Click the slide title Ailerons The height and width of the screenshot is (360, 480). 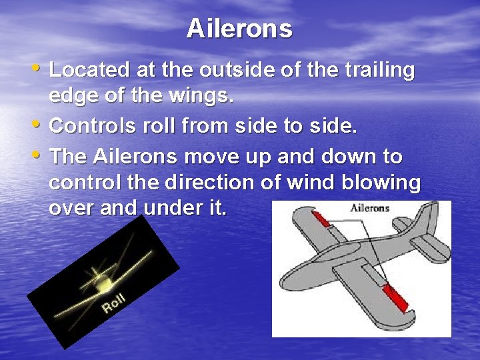click(239, 29)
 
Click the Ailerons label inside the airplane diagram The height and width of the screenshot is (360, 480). click(369, 208)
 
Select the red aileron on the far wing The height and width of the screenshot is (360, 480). click(322, 219)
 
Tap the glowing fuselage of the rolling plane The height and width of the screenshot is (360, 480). click(104, 283)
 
